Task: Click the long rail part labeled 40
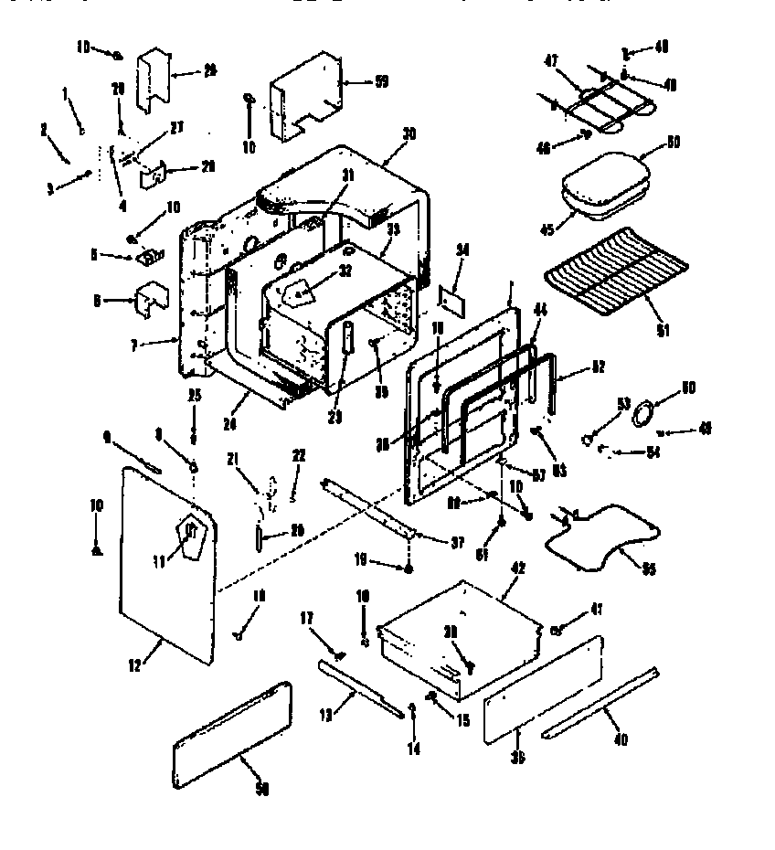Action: (x=599, y=704)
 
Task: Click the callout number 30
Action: (x=409, y=133)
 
